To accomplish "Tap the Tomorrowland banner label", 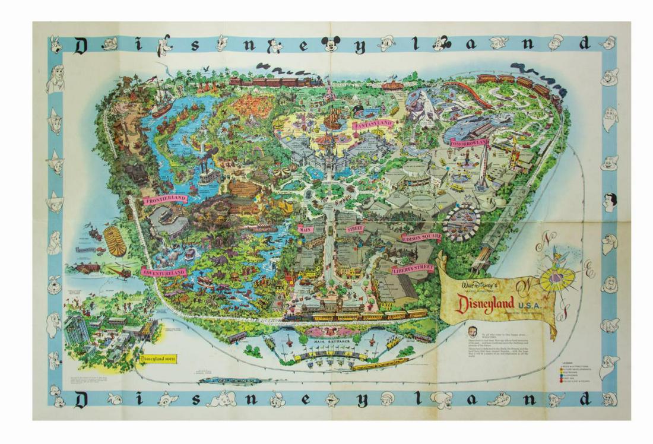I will (x=468, y=143).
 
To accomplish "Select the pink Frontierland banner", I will (x=164, y=199).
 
